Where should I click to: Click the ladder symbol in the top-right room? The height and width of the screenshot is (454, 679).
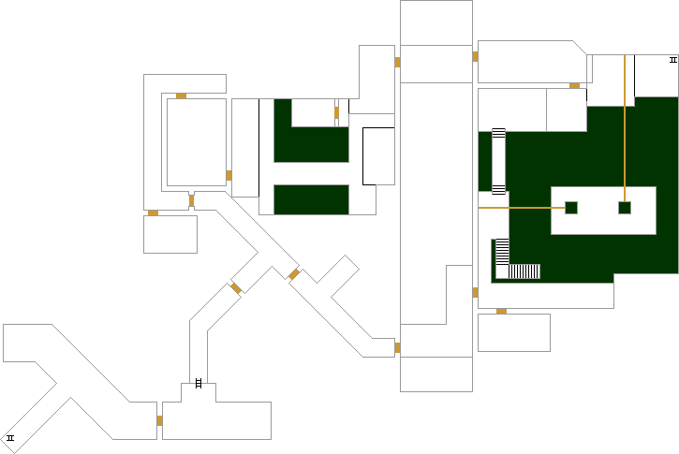coord(672,60)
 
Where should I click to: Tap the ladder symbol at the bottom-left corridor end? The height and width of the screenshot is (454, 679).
coord(11,438)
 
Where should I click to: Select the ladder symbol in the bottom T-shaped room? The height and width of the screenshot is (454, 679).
coord(198,382)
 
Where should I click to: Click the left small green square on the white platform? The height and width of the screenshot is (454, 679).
coord(571,208)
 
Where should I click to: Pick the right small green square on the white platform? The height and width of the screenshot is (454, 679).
coord(625,208)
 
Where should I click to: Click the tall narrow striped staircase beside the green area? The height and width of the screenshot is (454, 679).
coord(498,161)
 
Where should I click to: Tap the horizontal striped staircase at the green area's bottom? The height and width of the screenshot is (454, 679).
coord(524,271)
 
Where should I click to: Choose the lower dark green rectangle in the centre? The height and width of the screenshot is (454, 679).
coord(311,199)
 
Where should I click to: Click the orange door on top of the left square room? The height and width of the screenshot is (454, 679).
coord(181,95)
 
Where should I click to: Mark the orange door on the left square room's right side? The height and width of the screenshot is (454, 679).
coord(229,175)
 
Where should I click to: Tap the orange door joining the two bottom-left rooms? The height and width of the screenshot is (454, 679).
coord(159,420)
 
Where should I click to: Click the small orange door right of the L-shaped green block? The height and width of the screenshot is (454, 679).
coord(336,113)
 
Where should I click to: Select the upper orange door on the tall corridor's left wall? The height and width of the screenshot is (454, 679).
coord(397,63)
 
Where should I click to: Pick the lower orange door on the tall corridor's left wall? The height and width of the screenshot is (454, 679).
coord(397,347)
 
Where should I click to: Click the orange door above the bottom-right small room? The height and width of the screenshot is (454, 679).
coord(501,311)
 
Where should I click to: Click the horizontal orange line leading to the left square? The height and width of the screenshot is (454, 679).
coord(520,208)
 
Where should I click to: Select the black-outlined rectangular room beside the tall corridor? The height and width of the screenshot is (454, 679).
coord(378,155)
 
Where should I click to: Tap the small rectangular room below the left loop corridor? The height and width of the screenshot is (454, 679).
coord(170,234)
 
